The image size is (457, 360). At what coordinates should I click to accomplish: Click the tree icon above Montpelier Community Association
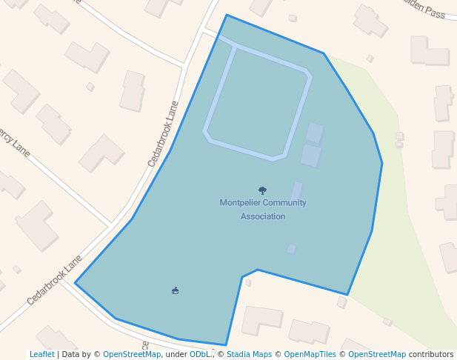262,190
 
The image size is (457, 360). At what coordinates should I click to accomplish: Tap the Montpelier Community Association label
263,210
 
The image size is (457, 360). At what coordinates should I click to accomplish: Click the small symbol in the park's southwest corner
176,290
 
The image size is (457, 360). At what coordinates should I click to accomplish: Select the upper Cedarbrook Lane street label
164,133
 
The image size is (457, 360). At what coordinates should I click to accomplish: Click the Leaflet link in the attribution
41,354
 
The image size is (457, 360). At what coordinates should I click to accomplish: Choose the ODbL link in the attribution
200,354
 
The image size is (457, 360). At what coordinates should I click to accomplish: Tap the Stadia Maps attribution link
249,354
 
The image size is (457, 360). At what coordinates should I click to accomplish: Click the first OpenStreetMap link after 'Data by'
132,354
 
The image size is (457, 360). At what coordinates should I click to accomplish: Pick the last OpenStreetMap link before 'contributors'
377,354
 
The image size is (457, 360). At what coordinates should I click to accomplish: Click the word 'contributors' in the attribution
431,354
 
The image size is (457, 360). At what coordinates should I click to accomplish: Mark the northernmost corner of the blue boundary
227,15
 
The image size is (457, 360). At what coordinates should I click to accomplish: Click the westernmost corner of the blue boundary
76,283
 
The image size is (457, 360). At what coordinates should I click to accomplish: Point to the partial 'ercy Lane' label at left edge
15,144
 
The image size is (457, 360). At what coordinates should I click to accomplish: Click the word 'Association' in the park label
263,216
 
